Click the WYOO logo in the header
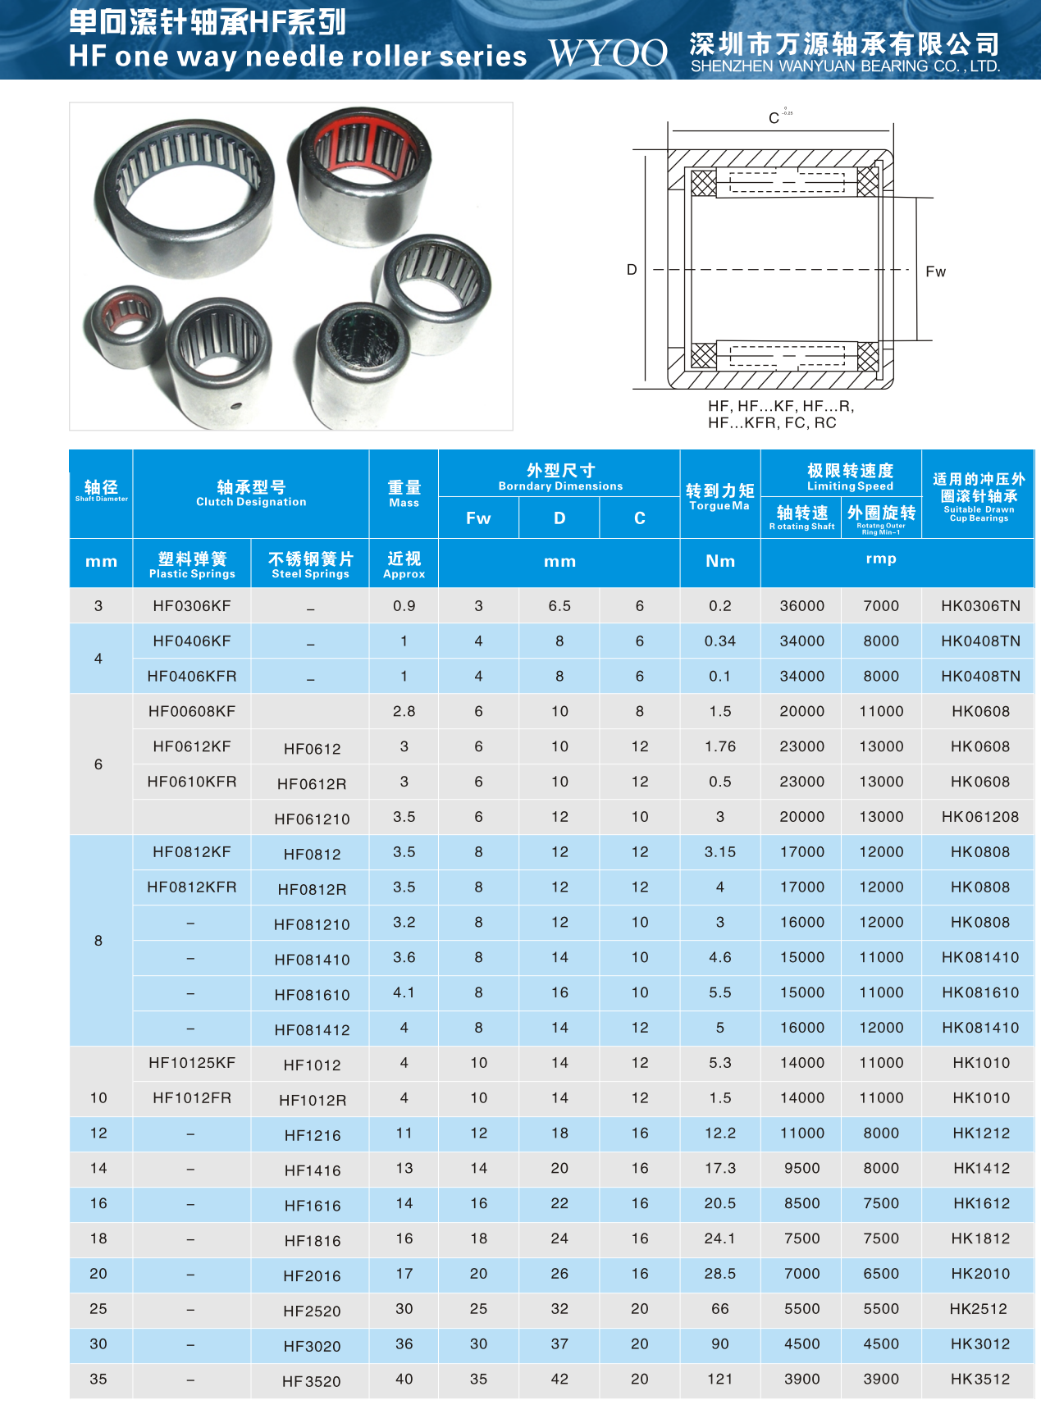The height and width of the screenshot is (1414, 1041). [x=608, y=53]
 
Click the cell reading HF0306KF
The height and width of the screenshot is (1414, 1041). [x=192, y=606]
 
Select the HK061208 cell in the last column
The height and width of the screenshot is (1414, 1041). [x=979, y=817]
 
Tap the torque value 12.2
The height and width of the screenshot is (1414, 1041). [x=719, y=1133]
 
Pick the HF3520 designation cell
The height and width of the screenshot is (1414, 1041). [x=312, y=1381]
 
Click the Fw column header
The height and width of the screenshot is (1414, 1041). [x=478, y=518]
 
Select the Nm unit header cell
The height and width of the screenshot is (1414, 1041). [x=719, y=562]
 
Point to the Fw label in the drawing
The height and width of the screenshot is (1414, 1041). [x=935, y=271]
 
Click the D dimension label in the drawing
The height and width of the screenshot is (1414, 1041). [x=632, y=270]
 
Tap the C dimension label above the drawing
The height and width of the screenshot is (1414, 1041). [x=774, y=118]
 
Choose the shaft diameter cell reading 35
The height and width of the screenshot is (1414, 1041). [x=98, y=1380]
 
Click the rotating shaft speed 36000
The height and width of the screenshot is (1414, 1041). [x=801, y=606]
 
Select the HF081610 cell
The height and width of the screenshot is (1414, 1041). [x=312, y=995]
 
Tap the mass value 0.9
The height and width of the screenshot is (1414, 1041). [x=404, y=606]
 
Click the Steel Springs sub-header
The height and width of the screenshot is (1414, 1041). [x=310, y=565]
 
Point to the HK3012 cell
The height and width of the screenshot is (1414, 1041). [x=979, y=1344]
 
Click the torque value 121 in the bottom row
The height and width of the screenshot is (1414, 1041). [x=719, y=1380]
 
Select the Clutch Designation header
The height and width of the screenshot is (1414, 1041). [x=251, y=493]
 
